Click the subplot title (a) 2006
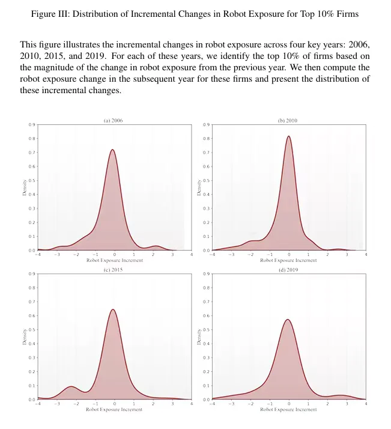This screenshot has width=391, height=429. pyautogui.click(x=114, y=120)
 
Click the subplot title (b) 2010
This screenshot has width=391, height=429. pyautogui.click(x=288, y=120)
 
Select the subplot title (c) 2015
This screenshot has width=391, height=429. pyautogui.click(x=114, y=269)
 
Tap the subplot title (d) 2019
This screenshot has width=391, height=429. pyautogui.click(x=288, y=269)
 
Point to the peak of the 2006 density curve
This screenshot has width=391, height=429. pyautogui.click(x=113, y=150)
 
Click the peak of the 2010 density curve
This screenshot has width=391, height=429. pyautogui.click(x=289, y=136)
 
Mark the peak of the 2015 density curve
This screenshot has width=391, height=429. pyautogui.click(x=114, y=309)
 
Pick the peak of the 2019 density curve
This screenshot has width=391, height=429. pyautogui.click(x=288, y=320)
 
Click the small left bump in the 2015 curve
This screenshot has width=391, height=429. pyautogui.click(x=71, y=386)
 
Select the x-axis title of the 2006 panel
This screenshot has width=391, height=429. pyautogui.click(x=114, y=261)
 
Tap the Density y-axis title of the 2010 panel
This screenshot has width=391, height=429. pyautogui.click(x=199, y=187)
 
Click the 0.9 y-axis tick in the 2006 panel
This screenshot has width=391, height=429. pyautogui.click(x=31, y=125)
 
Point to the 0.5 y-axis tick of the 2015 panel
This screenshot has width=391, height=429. pyautogui.click(x=31, y=330)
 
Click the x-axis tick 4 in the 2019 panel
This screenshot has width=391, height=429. pyautogui.click(x=366, y=404)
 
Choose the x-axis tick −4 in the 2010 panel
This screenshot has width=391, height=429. pyautogui.click(x=212, y=255)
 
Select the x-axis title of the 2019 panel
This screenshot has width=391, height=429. pyautogui.click(x=288, y=410)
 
